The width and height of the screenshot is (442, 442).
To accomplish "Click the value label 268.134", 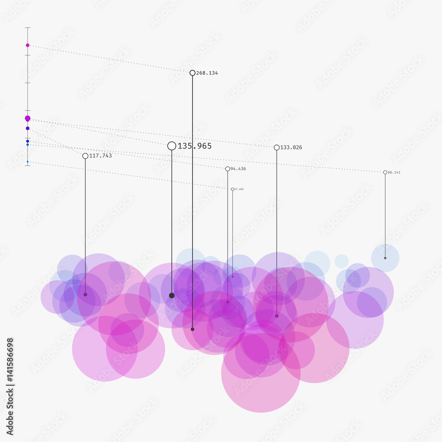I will pyautogui.click(x=207, y=73).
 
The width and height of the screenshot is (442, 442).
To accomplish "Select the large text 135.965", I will pyautogui.click(x=194, y=146).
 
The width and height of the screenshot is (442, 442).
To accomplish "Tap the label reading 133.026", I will pyautogui.click(x=291, y=148).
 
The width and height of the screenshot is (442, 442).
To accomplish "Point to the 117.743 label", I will pyautogui.click(x=100, y=156).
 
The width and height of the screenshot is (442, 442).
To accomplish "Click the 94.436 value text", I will pyautogui.click(x=238, y=169).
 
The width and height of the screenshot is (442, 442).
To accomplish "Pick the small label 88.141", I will pyautogui.click(x=394, y=172).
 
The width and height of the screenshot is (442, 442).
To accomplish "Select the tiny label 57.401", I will pyautogui.click(x=239, y=189).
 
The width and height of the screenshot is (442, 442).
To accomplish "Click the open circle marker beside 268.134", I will pyautogui.click(x=192, y=73).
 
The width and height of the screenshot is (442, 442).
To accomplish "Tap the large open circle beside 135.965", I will pyautogui.click(x=172, y=146).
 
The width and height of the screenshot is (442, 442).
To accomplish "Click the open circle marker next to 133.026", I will pyautogui.click(x=277, y=148).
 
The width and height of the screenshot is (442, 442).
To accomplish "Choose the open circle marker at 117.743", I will pyautogui.click(x=85, y=156).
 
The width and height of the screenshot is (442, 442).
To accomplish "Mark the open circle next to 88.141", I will pyautogui.click(x=385, y=172).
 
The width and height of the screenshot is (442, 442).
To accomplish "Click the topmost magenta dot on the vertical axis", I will pyautogui.click(x=27, y=45).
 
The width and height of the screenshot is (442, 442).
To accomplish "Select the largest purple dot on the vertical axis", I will pyautogui.click(x=27, y=118).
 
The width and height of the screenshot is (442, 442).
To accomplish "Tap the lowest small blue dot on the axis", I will pyautogui.click(x=27, y=162).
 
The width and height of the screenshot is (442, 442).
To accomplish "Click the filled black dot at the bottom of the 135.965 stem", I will pyautogui.click(x=172, y=295).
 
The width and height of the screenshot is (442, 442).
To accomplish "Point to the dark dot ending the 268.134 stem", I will pyautogui.click(x=192, y=329).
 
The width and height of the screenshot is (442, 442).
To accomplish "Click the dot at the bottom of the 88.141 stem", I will pyautogui.click(x=385, y=258).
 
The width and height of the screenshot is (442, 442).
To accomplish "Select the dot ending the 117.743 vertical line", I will pyautogui.click(x=85, y=294).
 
